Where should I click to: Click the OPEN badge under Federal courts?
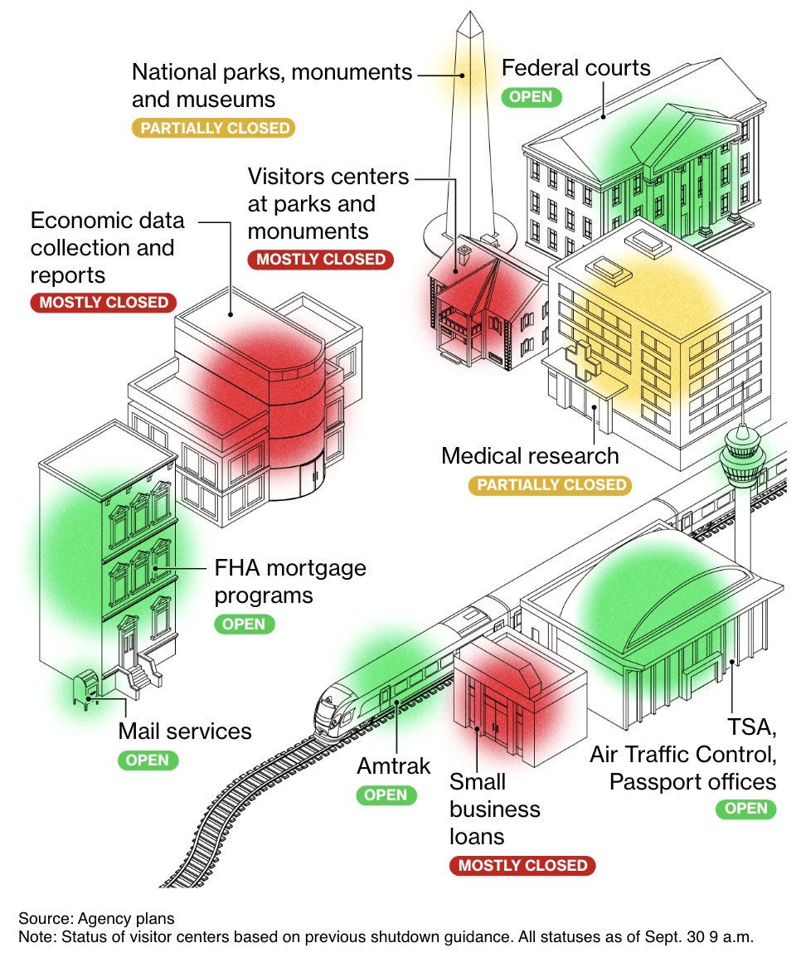(532, 96)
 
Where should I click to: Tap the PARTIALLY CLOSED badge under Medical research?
(550, 484)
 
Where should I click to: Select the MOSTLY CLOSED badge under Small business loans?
(522, 866)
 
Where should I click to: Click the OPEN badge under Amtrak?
(386, 795)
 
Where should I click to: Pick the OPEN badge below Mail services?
(148, 760)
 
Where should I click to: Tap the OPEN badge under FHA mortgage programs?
(245, 624)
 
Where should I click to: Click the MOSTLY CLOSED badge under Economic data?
(104, 302)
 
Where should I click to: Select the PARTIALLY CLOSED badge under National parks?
(214, 128)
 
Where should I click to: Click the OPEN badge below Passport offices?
(746, 809)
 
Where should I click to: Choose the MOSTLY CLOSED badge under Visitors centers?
(321, 259)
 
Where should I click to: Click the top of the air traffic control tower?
(742, 430)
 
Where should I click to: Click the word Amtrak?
(394, 766)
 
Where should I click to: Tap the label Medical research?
(530, 455)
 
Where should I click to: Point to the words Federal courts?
(576, 67)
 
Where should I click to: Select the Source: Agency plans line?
(97, 918)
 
